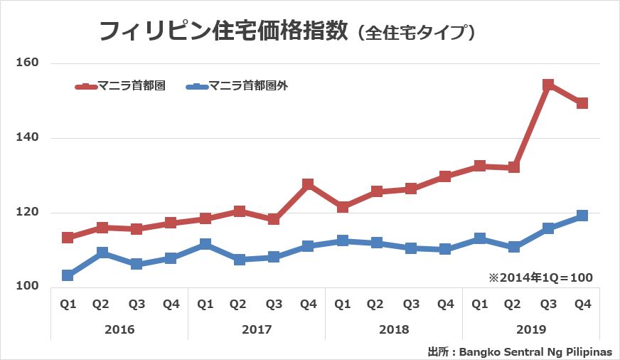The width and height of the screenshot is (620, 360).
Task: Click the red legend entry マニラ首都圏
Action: [120, 86]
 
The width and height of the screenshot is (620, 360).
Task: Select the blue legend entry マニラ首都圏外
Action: [237, 86]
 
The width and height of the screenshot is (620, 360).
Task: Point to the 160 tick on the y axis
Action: [27, 63]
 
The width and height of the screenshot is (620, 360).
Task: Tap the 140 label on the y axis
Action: [27, 138]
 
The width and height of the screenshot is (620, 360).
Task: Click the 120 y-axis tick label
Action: [27, 213]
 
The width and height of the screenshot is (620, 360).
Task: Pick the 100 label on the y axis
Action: [27, 287]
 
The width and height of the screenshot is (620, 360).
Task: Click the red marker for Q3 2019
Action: [548, 85]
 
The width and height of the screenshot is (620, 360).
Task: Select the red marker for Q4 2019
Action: [582, 103]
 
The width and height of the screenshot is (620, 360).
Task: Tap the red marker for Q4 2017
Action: [308, 184]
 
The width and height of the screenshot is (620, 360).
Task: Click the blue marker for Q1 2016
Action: [68, 275]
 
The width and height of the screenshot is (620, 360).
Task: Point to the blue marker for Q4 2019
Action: [582, 216]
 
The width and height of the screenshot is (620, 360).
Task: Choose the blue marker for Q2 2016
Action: [102, 253]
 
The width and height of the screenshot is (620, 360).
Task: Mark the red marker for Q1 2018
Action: [343, 207]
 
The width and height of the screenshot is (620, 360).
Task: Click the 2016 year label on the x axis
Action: [119, 330]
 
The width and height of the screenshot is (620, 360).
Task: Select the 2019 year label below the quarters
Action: [530, 330]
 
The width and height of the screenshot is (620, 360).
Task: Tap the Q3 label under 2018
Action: [411, 305]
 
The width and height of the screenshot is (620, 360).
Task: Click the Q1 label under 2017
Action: [205, 305]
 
